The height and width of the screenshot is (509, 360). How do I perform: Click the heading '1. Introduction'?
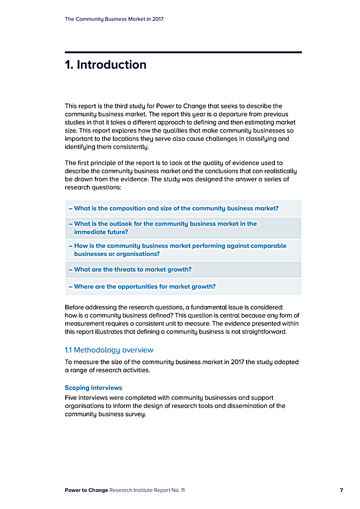click(105, 65)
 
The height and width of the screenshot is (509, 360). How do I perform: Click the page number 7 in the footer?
click(342, 490)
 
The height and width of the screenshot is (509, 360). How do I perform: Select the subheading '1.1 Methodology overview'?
click(109, 350)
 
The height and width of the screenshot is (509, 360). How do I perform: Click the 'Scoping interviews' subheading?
click(93, 388)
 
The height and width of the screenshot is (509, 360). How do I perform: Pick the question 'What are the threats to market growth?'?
click(132, 269)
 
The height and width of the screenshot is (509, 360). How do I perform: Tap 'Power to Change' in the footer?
click(86, 490)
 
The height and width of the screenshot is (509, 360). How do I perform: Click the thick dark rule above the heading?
click(183, 52)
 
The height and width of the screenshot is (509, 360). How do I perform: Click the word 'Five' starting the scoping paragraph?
click(71, 398)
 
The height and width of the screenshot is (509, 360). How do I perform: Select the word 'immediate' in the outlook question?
click(88, 232)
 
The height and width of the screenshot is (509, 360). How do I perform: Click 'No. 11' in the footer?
click(178, 490)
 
